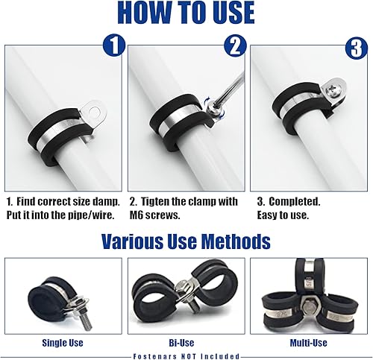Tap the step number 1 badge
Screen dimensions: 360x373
pyautogui.click(x=113, y=46)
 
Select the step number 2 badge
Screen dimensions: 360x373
pyautogui.click(x=235, y=46)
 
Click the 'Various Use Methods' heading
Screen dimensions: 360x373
pyautogui.click(x=186, y=241)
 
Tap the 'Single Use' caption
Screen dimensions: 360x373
pyautogui.click(x=63, y=342)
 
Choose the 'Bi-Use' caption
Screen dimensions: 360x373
pyautogui.click(x=186, y=342)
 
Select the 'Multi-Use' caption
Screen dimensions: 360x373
pyautogui.click(x=309, y=342)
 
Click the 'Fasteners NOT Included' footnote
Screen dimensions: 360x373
pyautogui.click(x=186, y=355)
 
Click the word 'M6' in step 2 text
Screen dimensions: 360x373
pyautogui.click(x=140, y=215)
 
